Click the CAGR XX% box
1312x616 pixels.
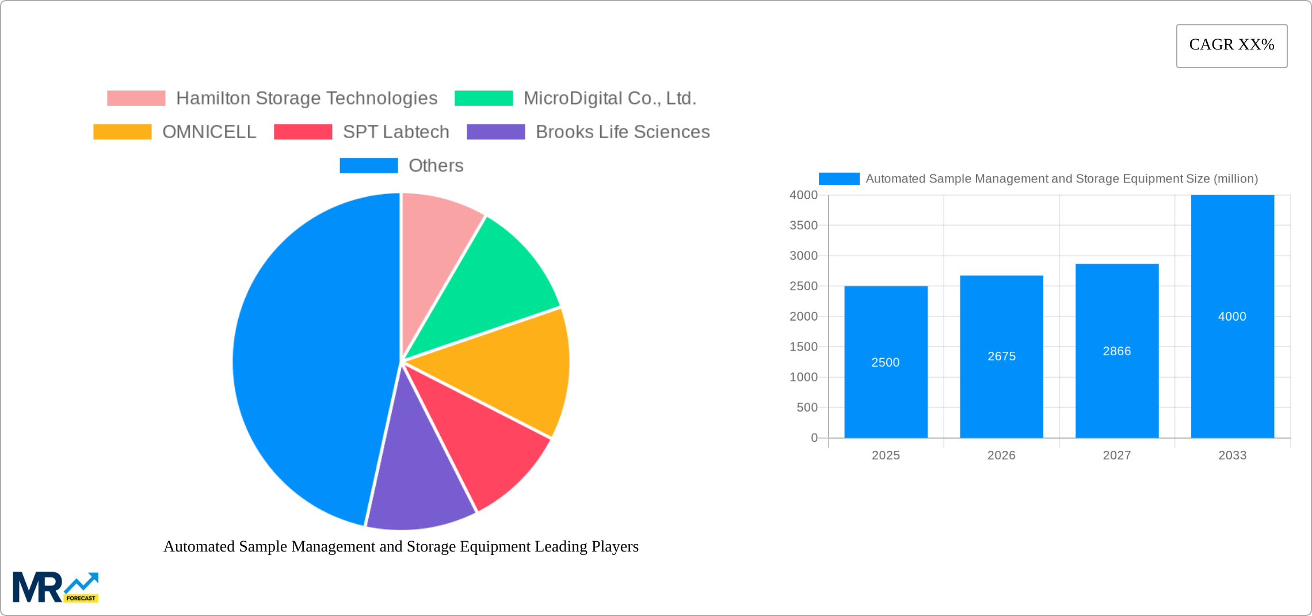1231,45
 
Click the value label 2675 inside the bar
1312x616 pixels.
1001,356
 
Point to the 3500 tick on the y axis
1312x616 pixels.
803,226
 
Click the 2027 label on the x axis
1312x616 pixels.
1116,455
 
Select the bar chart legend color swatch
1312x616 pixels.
839,179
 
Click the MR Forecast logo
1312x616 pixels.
55,587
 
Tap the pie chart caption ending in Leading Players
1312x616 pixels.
401,546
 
